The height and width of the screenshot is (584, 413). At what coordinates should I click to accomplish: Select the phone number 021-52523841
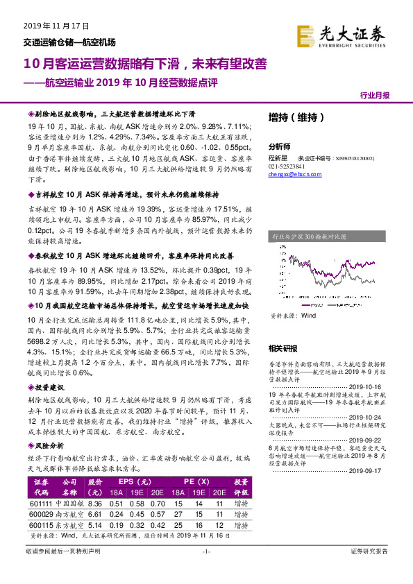click(x=287, y=167)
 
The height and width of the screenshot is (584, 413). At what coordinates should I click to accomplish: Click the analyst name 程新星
click(x=278, y=159)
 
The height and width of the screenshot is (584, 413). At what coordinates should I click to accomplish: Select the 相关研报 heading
click(x=283, y=347)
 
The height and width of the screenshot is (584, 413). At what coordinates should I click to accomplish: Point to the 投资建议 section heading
click(x=49, y=406)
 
